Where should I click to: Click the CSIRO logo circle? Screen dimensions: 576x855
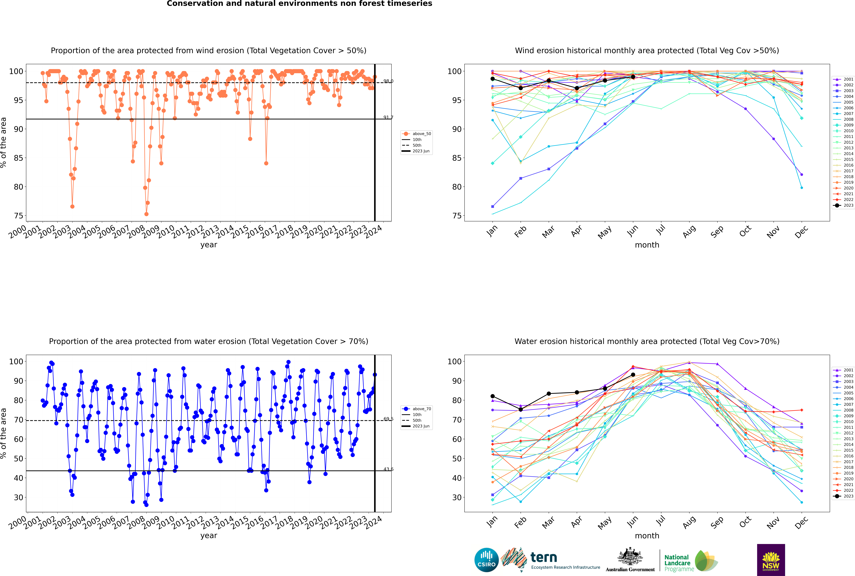(486, 560)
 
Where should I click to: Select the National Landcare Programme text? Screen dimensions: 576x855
(677, 563)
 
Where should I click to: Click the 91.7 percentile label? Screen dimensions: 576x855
(388, 118)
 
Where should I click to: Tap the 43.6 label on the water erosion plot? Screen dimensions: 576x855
(388, 469)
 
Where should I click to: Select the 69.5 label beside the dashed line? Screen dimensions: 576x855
(388, 419)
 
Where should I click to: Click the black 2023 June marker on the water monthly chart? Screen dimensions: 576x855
(633, 375)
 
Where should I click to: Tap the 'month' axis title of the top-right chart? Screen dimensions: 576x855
(647, 245)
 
